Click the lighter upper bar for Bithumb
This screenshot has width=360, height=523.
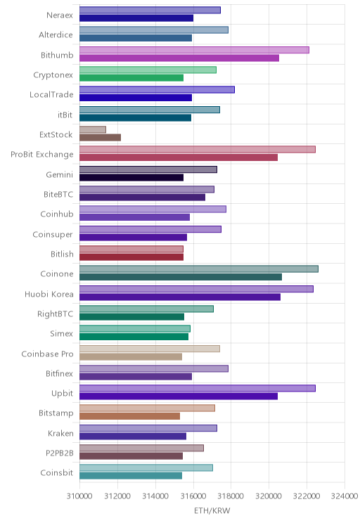point(194,50)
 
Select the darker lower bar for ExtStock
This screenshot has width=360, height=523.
point(100,137)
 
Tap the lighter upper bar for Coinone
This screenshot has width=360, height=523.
point(199,269)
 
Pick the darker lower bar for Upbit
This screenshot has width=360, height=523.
point(179,396)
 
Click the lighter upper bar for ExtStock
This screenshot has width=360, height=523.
point(93,129)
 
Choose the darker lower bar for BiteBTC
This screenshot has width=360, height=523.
point(142,198)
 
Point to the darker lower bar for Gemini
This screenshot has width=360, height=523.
point(131,177)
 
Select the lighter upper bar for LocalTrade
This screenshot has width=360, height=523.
point(157,90)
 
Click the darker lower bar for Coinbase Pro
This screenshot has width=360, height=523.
point(131,357)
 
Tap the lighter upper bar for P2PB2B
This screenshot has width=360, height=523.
point(141,448)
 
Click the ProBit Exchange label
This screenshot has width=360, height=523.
point(42,155)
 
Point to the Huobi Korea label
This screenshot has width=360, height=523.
point(49,294)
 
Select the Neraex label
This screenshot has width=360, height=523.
point(60,15)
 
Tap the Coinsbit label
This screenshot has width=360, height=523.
point(57,472)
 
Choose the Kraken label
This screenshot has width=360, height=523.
point(60,433)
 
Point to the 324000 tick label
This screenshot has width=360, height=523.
point(345,496)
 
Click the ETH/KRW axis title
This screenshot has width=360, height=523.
point(212,510)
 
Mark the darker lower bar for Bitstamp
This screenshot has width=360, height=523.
point(130,416)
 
